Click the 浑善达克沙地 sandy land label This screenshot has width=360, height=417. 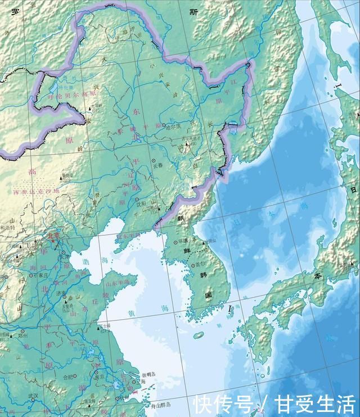point(36,191)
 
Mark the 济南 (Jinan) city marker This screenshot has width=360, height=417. point(64,297)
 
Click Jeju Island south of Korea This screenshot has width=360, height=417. point(198,336)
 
